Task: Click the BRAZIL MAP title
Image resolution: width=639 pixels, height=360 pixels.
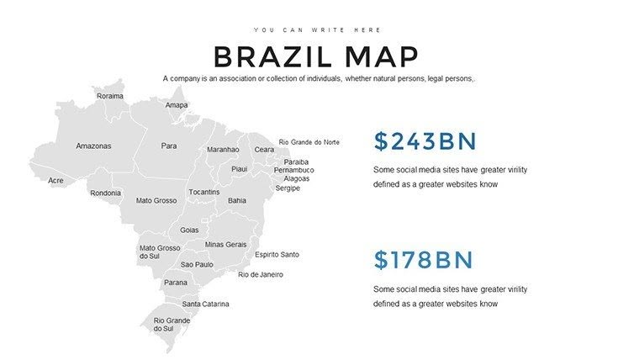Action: (x=316, y=56)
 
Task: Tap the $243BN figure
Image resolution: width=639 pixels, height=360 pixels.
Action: (x=425, y=141)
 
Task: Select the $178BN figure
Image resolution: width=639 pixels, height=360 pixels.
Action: (x=424, y=260)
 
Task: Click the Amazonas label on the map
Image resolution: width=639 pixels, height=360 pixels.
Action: (x=93, y=146)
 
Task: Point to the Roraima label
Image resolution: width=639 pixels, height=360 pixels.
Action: (x=110, y=96)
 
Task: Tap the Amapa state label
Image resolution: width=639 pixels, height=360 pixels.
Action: (x=177, y=105)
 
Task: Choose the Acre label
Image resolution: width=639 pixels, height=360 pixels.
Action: (x=55, y=180)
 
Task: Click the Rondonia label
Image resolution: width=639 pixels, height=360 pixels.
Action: (x=106, y=193)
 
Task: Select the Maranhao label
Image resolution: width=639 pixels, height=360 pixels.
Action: (x=223, y=150)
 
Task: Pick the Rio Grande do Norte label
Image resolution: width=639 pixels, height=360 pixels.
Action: (x=309, y=142)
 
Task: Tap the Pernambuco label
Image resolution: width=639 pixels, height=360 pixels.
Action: (x=293, y=170)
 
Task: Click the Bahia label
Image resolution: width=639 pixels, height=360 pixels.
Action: (x=237, y=200)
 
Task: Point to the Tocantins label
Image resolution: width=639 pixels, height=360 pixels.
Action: (x=204, y=192)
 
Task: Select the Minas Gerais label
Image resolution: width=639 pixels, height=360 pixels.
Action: (x=225, y=244)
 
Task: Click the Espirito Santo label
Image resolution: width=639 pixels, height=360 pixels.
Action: (x=277, y=254)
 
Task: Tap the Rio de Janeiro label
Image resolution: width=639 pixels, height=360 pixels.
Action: (x=261, y=274)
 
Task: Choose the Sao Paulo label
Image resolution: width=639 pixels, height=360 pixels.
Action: (x=197, y=264)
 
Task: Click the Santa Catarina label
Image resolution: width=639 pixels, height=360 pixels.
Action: (x=205, y=304)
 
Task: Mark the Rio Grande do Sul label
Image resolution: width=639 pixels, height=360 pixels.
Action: (x=172, y=324)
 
